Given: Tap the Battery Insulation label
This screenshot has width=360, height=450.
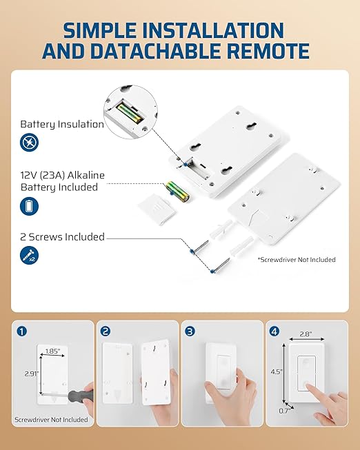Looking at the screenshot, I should click(62, 124).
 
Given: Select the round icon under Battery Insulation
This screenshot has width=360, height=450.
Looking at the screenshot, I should click(29, 143).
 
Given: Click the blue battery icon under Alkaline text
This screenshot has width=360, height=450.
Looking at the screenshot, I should click(29, 205).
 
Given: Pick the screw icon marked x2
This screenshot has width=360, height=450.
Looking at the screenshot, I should click(29, 256).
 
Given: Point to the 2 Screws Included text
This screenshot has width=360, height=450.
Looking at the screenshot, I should click(62, 237).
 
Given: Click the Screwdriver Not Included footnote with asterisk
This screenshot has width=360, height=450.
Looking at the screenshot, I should click(297, 260).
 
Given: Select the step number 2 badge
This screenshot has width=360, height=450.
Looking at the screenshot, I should click(106, 331).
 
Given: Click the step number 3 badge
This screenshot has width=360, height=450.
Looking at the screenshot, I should click(190, 331).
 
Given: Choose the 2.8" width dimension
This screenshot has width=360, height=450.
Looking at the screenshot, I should click(307, 334).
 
